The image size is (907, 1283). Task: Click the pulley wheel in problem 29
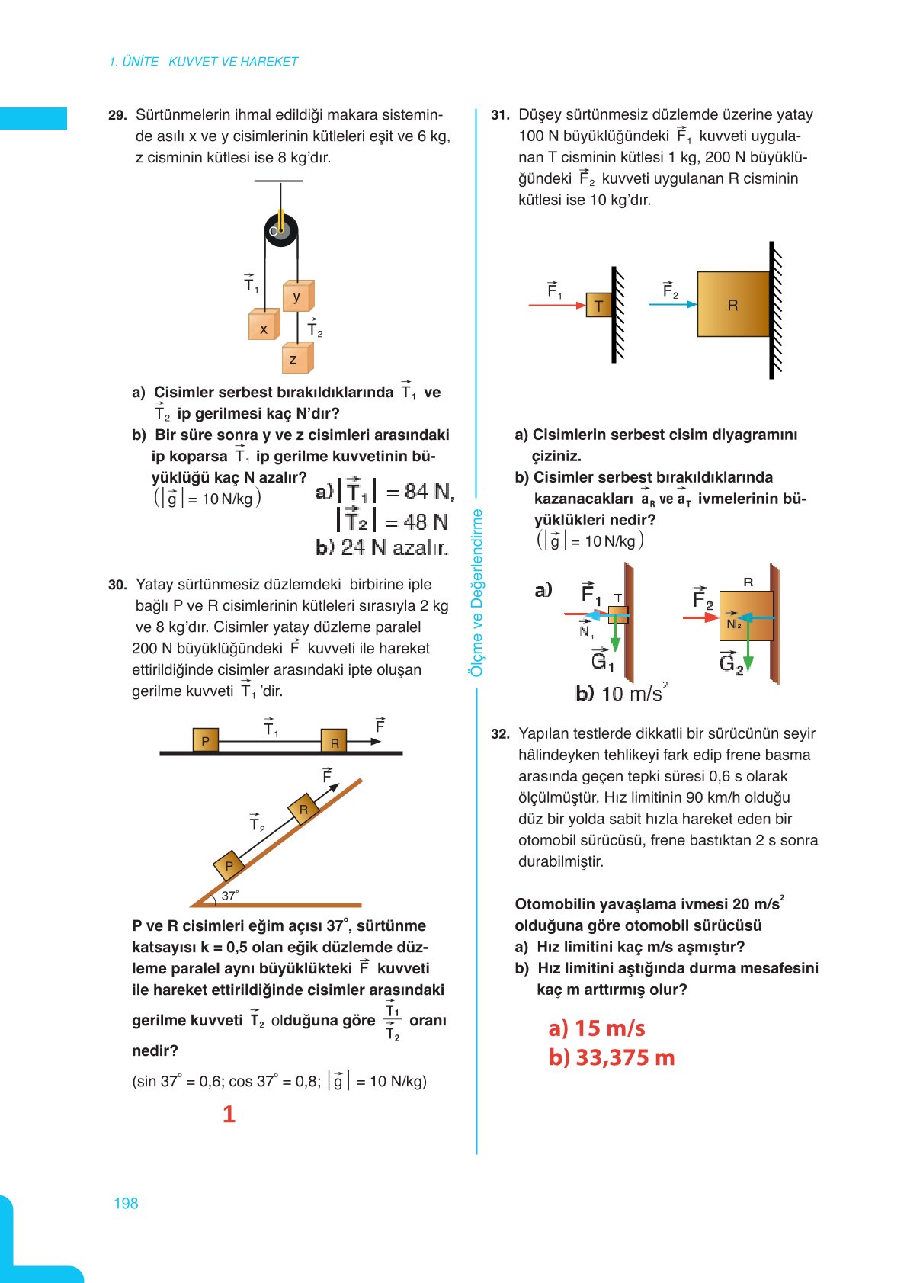(280, 230)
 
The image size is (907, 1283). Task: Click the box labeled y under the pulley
(297, 296)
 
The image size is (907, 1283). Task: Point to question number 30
(117, 585)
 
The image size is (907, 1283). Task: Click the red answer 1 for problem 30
(229, 1115)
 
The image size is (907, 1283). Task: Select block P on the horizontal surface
(205, 740)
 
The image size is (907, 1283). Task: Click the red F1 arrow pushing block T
(556, 305)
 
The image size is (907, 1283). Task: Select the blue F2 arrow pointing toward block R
(672, 304)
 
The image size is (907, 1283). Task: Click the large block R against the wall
(732, 305)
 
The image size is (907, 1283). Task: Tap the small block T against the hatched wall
(598, 306)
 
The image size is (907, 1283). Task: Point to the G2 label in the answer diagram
(730, 662)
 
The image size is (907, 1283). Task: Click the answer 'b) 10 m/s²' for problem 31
(621, 692)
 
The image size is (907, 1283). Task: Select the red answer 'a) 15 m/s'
(596, 1028)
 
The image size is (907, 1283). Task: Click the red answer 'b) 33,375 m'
(611, 1058)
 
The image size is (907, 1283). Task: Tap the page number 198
(126, 1203)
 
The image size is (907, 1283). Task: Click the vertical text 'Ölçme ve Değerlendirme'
(476, 592)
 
